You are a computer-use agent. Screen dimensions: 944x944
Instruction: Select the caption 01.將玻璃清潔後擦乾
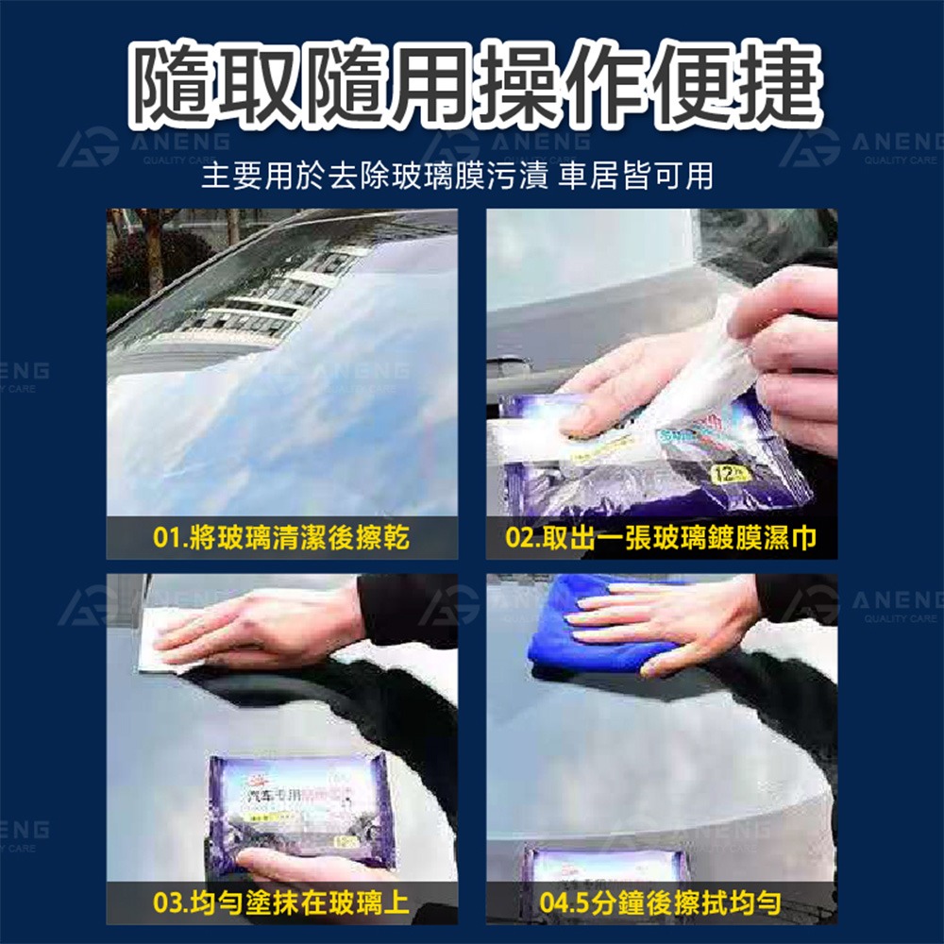[280, 539]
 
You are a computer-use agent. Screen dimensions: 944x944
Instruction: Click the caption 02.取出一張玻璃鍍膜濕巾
[661, 539]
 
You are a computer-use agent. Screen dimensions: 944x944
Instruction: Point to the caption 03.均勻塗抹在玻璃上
[280, 903]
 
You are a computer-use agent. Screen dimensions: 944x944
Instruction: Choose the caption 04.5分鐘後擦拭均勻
[661, 903]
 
